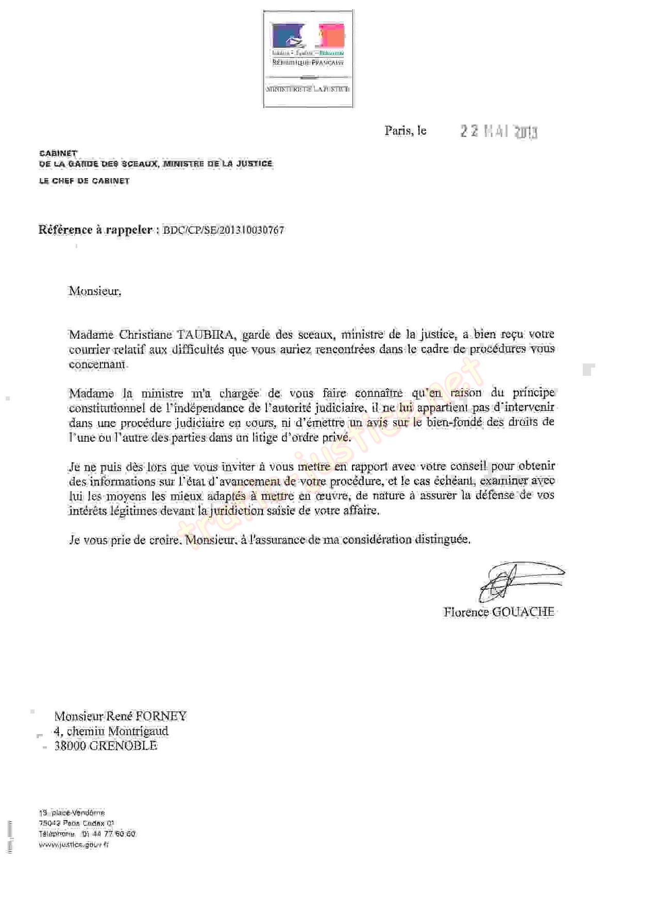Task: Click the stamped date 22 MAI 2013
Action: (498, 132)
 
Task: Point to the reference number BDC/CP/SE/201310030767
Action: (223, 230)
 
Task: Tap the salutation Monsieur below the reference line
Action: (95, 291)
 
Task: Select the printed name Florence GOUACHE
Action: (498, 612)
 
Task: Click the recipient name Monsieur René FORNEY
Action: (121, 716)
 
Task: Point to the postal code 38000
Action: (70, 745)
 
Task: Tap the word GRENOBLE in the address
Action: (123, 745)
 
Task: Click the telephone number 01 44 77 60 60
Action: (108, 833)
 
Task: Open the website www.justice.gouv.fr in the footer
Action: (74, 844)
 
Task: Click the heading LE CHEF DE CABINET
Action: (84, 181)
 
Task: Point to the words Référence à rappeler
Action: (95, 230)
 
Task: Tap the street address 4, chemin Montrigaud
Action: (111, 731)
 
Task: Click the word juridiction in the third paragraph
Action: (237, 511)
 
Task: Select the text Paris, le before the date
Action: (405, 131)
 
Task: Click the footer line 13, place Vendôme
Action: (72, 812)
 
